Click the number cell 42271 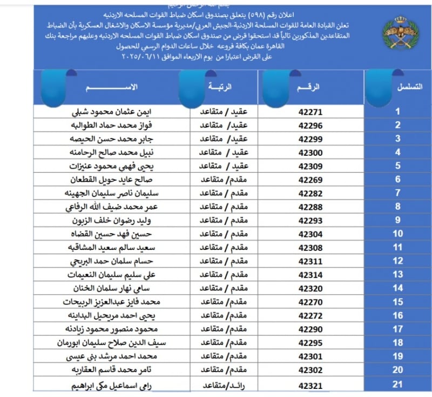(310, 113)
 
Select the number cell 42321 (310, 386)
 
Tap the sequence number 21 (398, 385)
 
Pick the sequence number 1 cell (398, 112)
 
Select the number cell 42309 (310, 166)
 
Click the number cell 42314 (310, 275)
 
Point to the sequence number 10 (398, 234)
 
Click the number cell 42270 (310, 302)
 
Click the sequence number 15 (398, 302)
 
